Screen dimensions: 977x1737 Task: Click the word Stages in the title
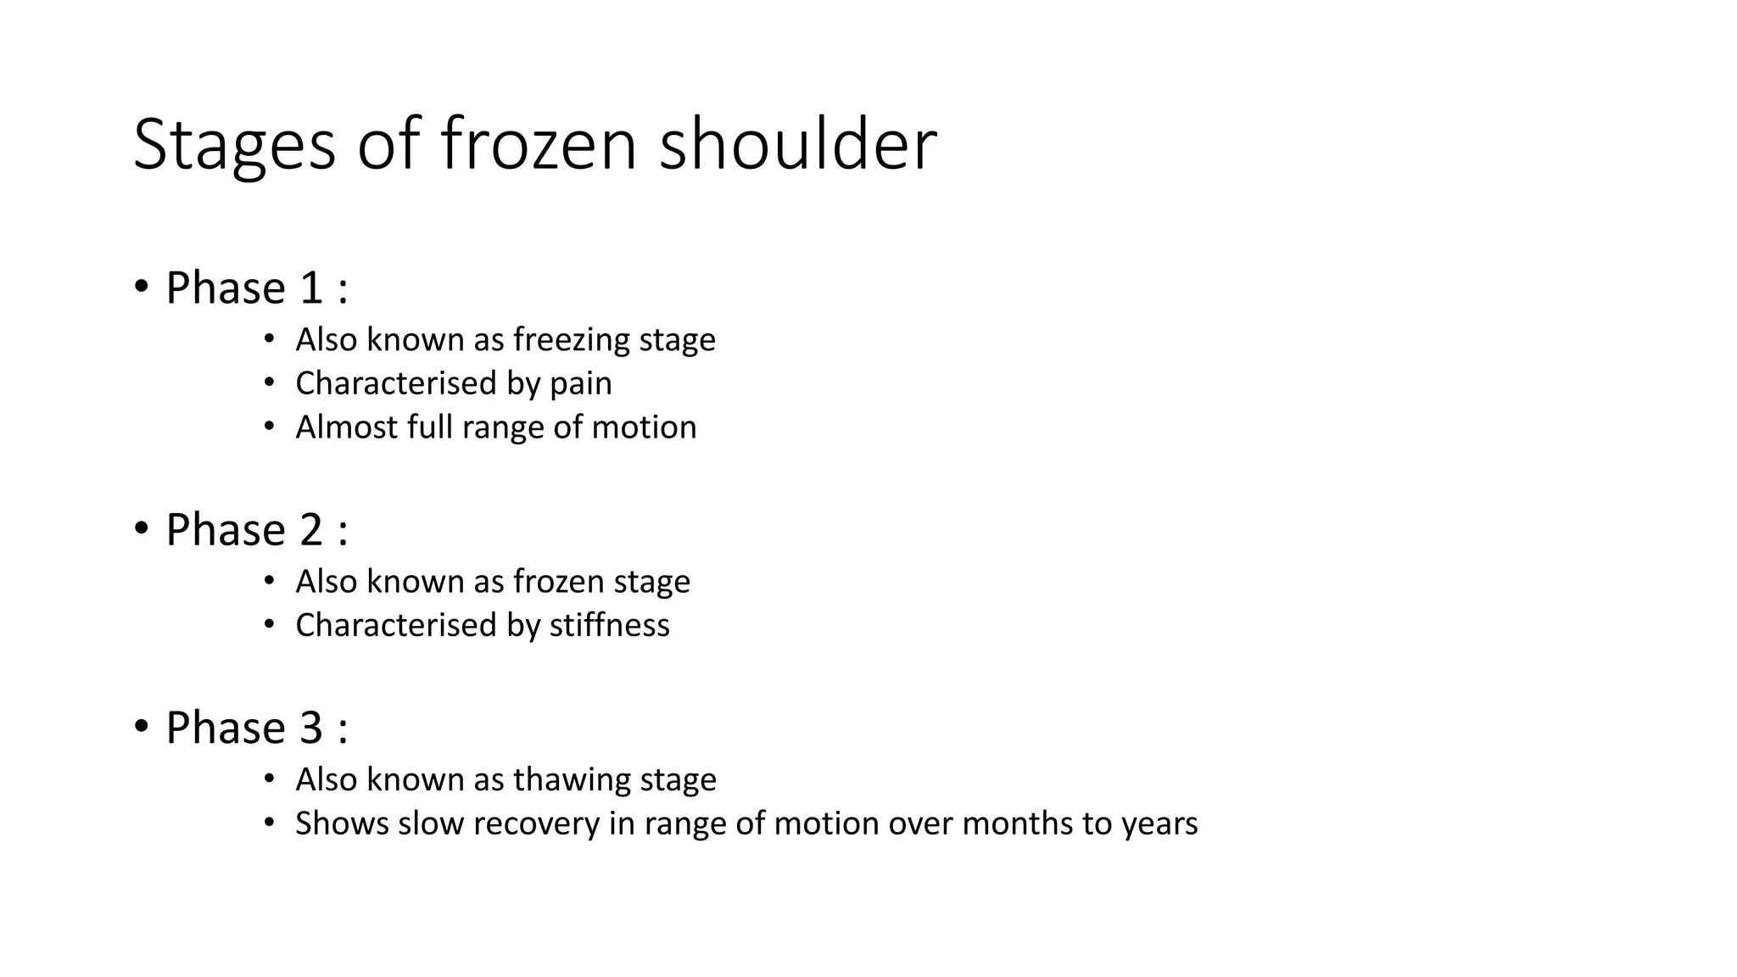234,146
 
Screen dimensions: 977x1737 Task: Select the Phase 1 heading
256,288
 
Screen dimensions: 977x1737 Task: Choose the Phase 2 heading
256,530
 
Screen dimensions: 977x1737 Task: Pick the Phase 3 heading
256,728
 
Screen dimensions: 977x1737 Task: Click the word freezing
571,340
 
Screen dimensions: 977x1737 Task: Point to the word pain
580,384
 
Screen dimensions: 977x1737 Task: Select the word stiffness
609,626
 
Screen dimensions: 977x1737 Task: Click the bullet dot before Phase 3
141,725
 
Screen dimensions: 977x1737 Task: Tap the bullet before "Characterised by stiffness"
269,625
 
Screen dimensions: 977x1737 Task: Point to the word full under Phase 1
429,427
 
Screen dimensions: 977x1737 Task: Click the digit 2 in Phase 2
311,531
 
